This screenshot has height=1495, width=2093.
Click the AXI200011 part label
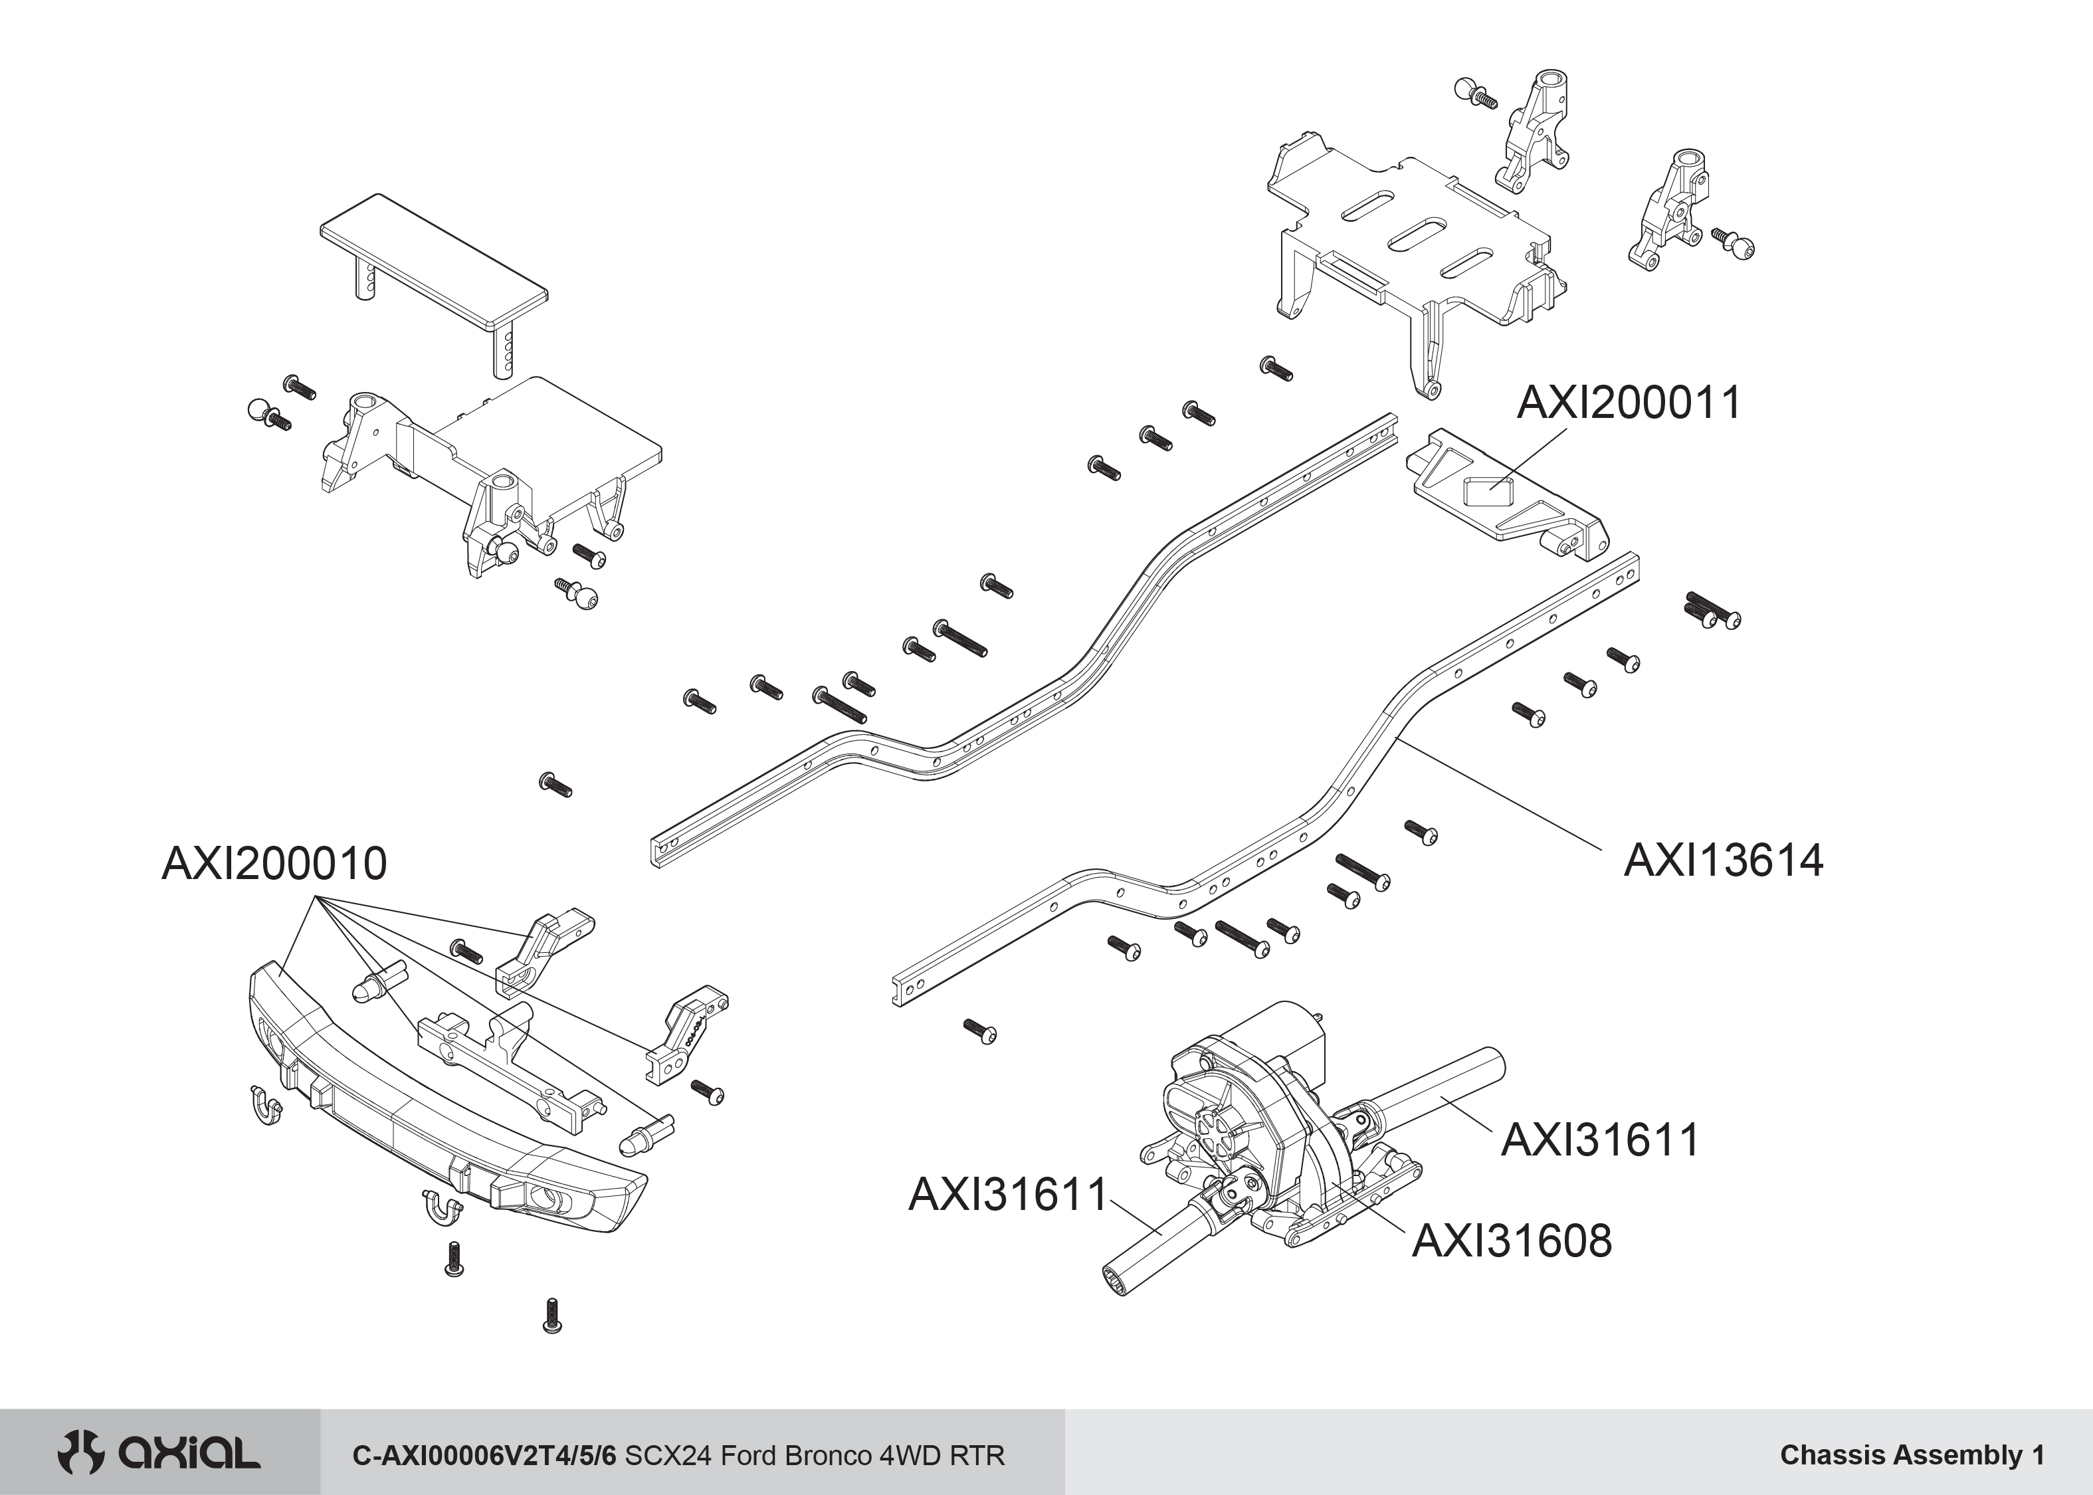tap(1628, 402)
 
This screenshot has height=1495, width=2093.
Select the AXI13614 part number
tap(1722, 860)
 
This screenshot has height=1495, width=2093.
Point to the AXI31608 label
tap(1512, 1241)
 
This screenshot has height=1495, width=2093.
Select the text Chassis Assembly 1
tap(1912, 1454)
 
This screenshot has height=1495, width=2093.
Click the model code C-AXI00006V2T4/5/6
tap(485, 1455)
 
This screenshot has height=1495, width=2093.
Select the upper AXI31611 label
tap(1600, 1140)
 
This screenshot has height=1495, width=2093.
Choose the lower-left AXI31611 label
tap(1008, 1195)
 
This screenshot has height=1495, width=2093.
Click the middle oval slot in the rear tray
tap(1415, 234)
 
